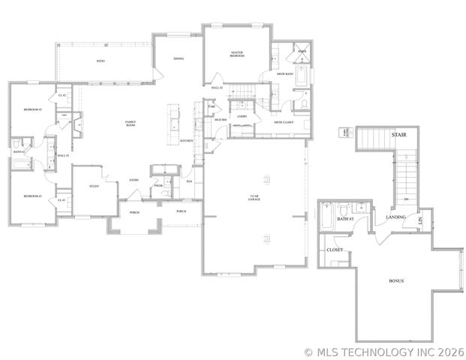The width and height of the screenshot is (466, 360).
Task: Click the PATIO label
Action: coord(101,61)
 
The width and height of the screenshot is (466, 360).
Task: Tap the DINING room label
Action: coord(178,58)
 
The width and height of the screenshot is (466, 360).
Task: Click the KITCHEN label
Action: coord(188,140)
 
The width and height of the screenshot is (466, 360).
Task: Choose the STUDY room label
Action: coord(95,186)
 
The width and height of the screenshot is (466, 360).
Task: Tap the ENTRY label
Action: coord(134,180)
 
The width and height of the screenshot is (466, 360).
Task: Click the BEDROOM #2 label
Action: coord(32,109)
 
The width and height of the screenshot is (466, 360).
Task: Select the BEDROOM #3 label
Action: coord(32,196)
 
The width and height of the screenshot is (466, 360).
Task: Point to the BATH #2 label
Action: coord(19,152)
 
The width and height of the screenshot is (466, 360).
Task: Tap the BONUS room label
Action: coord(396,281)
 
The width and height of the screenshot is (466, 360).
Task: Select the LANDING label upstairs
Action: coord(395,217)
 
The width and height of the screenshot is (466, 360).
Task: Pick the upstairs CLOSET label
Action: coord(335,250)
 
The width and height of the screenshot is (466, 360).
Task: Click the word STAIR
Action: coord(399,135)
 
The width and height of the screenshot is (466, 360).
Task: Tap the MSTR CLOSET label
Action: coord(283,122)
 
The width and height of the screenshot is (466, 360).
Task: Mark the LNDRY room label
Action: coord(242,117)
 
